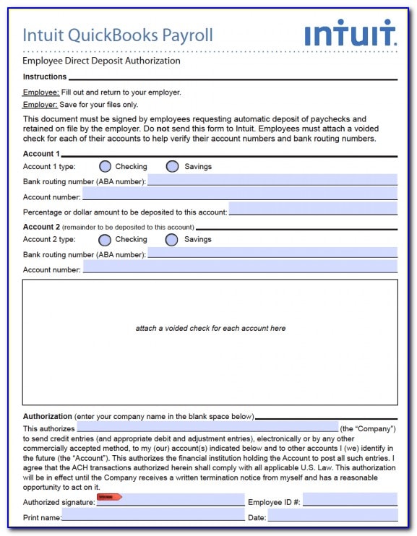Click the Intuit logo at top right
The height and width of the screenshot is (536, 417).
click(x=350, y=33)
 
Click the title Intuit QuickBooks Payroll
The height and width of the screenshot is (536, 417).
click(x=118, y=35)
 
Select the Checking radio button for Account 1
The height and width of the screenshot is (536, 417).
click(x=105, y=166)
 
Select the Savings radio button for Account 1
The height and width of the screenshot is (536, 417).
click(x=172, y=166)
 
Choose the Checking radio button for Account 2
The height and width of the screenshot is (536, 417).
click(x=105, y=239)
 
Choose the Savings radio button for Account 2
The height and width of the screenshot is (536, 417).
click(x=172, y=239)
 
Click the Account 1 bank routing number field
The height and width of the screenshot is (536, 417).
click(x=272, y=181)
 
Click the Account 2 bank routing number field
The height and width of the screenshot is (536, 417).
click(x=272, y=254)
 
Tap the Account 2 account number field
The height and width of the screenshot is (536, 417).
click(x=239, y=268)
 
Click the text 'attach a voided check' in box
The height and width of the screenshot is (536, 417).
click(x=210, y=328)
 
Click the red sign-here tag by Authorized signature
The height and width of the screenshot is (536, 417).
click(x=109, y=497)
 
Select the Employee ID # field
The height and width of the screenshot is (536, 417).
click(x=350, y=500)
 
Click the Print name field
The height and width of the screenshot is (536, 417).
click(x=152, y=516)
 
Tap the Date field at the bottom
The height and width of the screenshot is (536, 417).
click(x=332, y=516)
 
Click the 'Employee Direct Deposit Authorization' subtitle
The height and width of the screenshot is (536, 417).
click(x=101, y=61)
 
